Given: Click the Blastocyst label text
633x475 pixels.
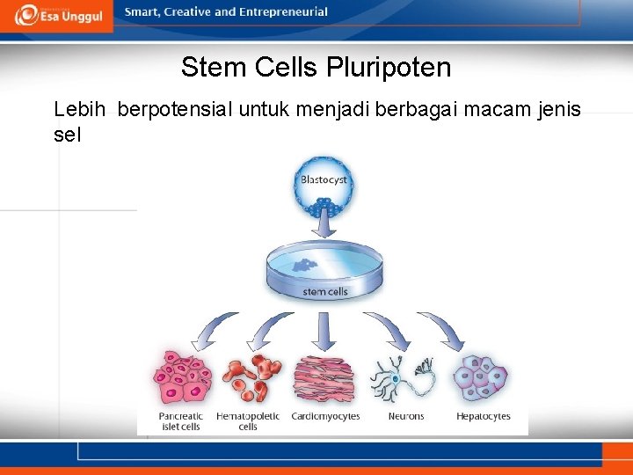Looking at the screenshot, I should [324, 180].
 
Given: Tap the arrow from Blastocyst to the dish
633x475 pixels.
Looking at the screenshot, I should [324, 227].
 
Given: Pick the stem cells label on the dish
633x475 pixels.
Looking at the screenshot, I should [325, 291].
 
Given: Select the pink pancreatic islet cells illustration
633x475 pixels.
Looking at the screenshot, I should [183, 378].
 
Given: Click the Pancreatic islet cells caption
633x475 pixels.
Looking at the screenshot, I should [180, 421].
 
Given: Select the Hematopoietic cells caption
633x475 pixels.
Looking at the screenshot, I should [248, 421].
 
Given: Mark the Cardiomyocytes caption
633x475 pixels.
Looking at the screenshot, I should [324, 416].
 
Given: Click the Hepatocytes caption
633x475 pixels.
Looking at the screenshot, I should [483, 416].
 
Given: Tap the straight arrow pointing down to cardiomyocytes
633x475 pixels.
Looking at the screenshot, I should [324, 332].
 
